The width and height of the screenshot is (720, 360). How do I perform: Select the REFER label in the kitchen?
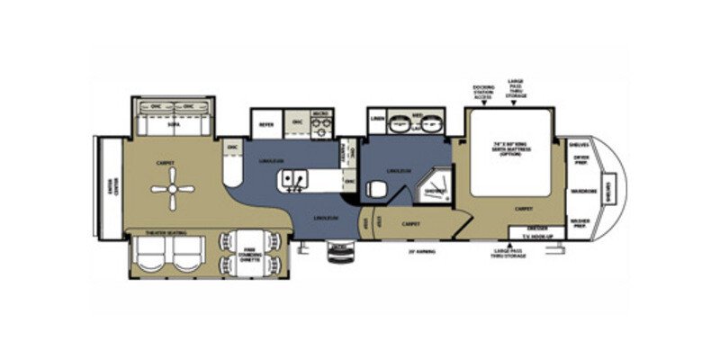click(266, 123)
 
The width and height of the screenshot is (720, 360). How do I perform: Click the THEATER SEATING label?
click(161, 234)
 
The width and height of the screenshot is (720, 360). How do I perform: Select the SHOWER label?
click(435, 190)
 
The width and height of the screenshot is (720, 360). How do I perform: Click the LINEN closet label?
click(378, 119)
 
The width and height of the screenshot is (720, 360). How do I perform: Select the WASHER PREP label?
click(581, 221)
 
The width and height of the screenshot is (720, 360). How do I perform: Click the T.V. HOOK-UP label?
click(538, 237)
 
